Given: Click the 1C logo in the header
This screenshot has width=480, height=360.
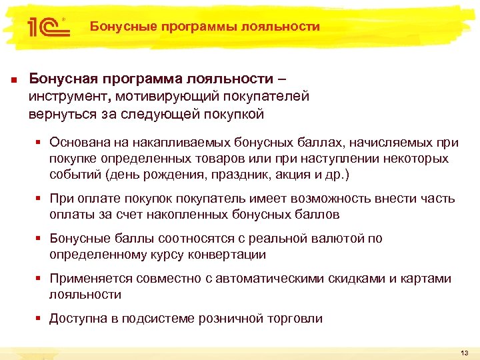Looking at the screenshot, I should pos(45,27).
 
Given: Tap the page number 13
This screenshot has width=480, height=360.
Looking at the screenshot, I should pos(465,353).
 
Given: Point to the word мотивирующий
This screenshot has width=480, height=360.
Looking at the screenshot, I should pos(163,96).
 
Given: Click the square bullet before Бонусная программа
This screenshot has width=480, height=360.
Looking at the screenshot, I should pos(13,81).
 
